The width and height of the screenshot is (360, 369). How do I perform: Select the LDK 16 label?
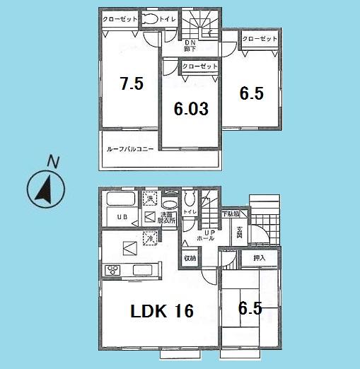(161, 310)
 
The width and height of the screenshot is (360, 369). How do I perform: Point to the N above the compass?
(52, 161)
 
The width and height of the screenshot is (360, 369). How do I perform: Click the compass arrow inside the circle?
(45, 189)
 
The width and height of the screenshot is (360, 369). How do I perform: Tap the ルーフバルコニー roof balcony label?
(129, 149)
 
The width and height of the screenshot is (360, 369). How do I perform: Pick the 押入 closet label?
(260, 259)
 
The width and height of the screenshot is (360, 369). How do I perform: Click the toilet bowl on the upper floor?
(151, 22)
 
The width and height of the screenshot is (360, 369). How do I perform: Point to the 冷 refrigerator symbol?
(150, 238)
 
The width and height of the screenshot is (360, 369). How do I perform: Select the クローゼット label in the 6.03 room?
(199, 66)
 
